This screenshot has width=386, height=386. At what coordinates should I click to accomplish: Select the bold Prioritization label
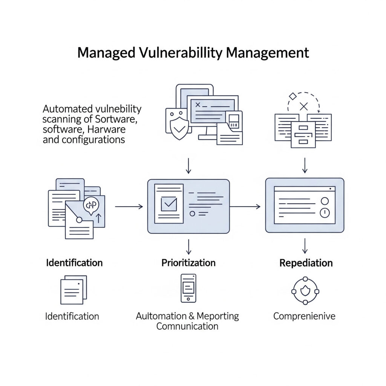point(188,263)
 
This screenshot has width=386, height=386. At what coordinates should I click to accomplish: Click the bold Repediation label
point(306,263)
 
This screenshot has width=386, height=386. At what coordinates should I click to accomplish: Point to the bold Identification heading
point(74,262)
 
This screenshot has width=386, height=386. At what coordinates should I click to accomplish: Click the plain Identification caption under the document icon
point(72,316)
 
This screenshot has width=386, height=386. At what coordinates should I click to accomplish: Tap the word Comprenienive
point(304,316)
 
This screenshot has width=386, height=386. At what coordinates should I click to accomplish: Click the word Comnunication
point(187,326)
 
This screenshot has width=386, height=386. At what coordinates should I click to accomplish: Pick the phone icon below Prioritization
point(188,288)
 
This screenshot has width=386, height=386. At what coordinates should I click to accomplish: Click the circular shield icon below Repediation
point(305,291)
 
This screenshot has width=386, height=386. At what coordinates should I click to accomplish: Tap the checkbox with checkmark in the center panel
point(169,204)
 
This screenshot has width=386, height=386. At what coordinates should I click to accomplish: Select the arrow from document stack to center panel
point(129,207)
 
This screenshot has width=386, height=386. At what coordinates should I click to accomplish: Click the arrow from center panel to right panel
point(245,207)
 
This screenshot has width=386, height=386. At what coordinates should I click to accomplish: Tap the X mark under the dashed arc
point(304,106)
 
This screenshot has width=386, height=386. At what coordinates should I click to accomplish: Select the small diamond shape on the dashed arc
point(292,96)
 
